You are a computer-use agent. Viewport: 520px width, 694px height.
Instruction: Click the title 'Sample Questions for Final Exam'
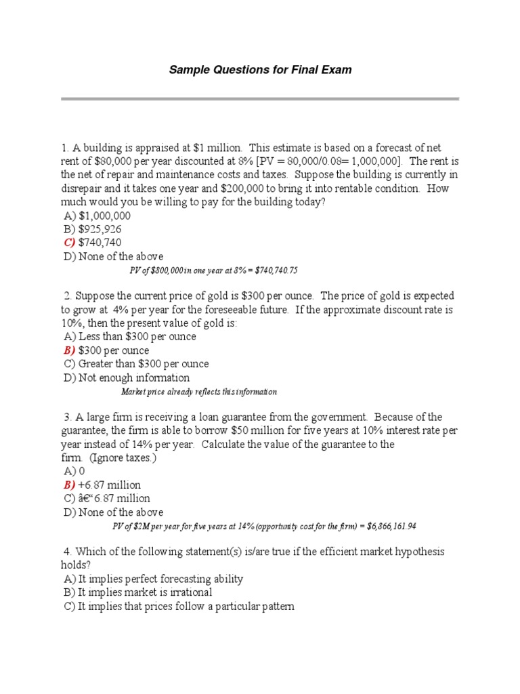[260, 70]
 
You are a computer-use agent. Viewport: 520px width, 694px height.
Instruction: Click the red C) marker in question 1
[70, 243]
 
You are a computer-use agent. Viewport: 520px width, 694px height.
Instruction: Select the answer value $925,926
[100, 229]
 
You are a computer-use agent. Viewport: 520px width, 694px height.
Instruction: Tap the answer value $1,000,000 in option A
[105, 216]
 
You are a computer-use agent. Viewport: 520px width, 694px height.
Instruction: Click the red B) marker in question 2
[70, 350]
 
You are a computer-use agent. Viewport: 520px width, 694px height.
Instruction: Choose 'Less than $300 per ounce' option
[137, 337]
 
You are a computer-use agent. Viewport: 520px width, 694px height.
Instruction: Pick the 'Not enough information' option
[134, 377]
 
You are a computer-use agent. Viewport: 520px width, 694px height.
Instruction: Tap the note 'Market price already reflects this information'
[199, 392]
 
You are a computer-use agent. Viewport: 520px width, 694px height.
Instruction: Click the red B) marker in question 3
[70, 485]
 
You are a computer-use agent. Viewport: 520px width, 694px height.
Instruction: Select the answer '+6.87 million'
[110, 485]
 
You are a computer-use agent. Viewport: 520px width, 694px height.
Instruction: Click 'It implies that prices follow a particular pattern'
[186, 607]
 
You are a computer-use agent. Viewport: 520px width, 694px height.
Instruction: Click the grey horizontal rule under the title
[260, 99]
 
